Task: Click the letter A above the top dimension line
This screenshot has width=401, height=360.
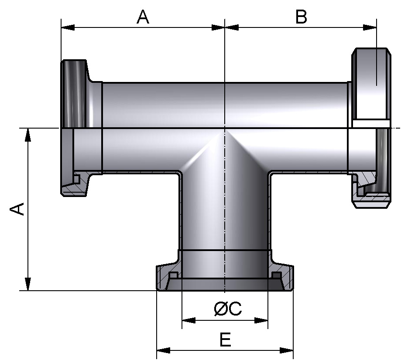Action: tap(143, 17)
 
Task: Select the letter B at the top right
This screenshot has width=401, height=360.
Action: tap(301, 17)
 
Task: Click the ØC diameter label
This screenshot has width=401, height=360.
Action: tap(227, 309)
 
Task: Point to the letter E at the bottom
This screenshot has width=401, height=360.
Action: tap(225, 340)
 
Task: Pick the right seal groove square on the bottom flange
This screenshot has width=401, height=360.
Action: tap(275, 275)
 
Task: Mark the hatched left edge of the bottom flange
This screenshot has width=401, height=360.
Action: tap(163, 279)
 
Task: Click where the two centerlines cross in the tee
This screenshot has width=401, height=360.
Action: tap(225, 128)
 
